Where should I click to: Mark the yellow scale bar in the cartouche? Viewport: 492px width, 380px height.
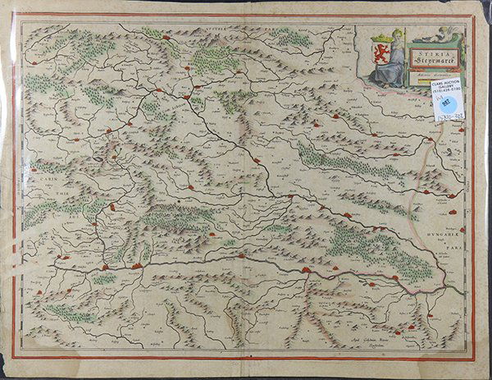pos(425,80)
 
